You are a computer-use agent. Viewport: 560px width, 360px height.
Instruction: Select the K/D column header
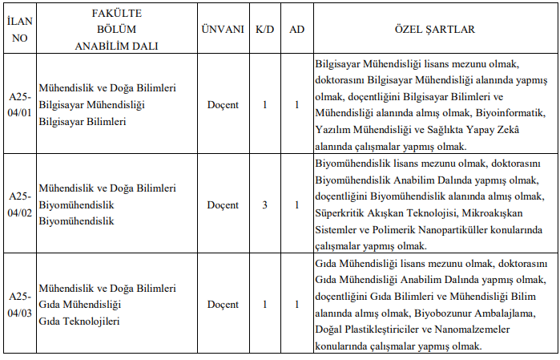(264, 29)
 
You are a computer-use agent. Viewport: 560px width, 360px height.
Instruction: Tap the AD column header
(296, 29)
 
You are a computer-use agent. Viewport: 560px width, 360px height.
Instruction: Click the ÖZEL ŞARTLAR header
(434, 29)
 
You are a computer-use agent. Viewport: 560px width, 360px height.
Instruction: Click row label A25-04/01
(19, 104)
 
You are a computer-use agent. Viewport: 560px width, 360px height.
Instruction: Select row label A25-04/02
(19, 204)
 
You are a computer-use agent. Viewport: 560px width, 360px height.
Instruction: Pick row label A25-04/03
(19, 305)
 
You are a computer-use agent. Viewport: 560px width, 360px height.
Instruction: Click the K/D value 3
(264, 204)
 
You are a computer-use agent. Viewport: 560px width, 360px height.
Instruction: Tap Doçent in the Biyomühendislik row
(223, 204)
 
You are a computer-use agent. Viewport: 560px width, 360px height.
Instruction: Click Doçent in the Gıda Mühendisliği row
(223, 305)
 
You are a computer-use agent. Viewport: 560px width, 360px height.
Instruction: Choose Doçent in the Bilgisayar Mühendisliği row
(223, 104)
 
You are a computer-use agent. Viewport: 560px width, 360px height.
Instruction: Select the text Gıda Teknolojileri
(79, 321)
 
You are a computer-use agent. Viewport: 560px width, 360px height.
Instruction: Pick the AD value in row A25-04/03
(296, 305)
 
